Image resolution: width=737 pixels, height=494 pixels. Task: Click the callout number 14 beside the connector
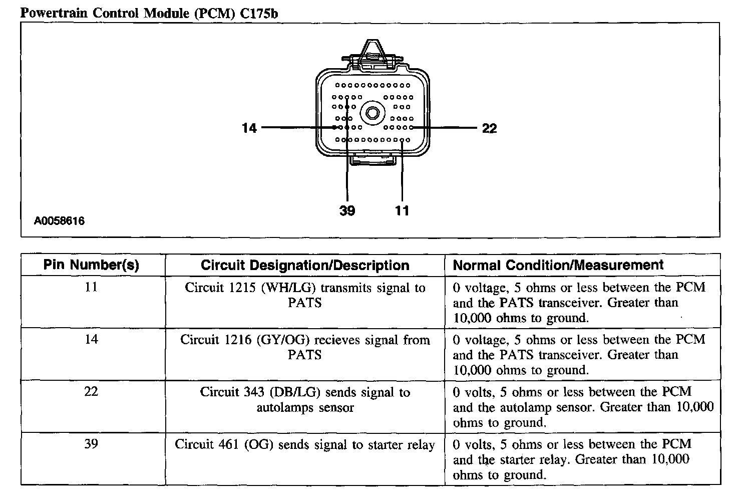[249, 128]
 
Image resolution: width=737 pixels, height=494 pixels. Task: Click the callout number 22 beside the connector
[489, 129]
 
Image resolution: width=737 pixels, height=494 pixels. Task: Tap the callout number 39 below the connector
[347, 210]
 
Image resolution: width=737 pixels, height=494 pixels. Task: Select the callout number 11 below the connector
[402, 210]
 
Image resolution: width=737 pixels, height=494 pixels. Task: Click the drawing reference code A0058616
[60, 220]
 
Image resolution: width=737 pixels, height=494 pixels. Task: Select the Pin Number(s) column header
[91, 265]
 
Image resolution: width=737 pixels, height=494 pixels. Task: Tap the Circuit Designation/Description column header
[305, 265]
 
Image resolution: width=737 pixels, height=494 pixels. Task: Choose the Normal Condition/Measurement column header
[558, 265]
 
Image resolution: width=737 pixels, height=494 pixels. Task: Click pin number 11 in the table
[91, 287]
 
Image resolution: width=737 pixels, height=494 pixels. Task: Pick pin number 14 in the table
[91, 339]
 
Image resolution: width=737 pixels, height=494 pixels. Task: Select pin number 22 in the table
[91, 391]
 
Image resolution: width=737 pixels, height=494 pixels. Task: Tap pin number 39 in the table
[91, 443]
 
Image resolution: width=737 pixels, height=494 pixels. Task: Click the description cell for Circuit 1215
[305, 295]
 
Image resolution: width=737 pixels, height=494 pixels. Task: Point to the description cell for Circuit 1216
[305, 347]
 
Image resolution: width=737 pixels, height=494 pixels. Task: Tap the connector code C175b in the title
[258, 13]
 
